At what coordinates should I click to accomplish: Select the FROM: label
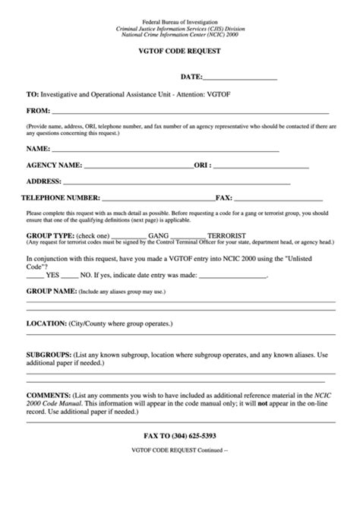pyautogui.click(x=38, y=111)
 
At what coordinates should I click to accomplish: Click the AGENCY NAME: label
pyautogui.click(x=54, y=165)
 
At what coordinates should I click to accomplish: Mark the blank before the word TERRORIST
pyautogui.click(x=191, y=235)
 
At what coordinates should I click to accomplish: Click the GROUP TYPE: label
pyautogui.click(x=50, y=235)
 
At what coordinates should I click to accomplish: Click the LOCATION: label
pyautogui.click(x=46, y=323)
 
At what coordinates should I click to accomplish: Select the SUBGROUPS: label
pyautogui.click(x=49, y=355)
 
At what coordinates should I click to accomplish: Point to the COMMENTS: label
pyautogui.click(x=49, y=395)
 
